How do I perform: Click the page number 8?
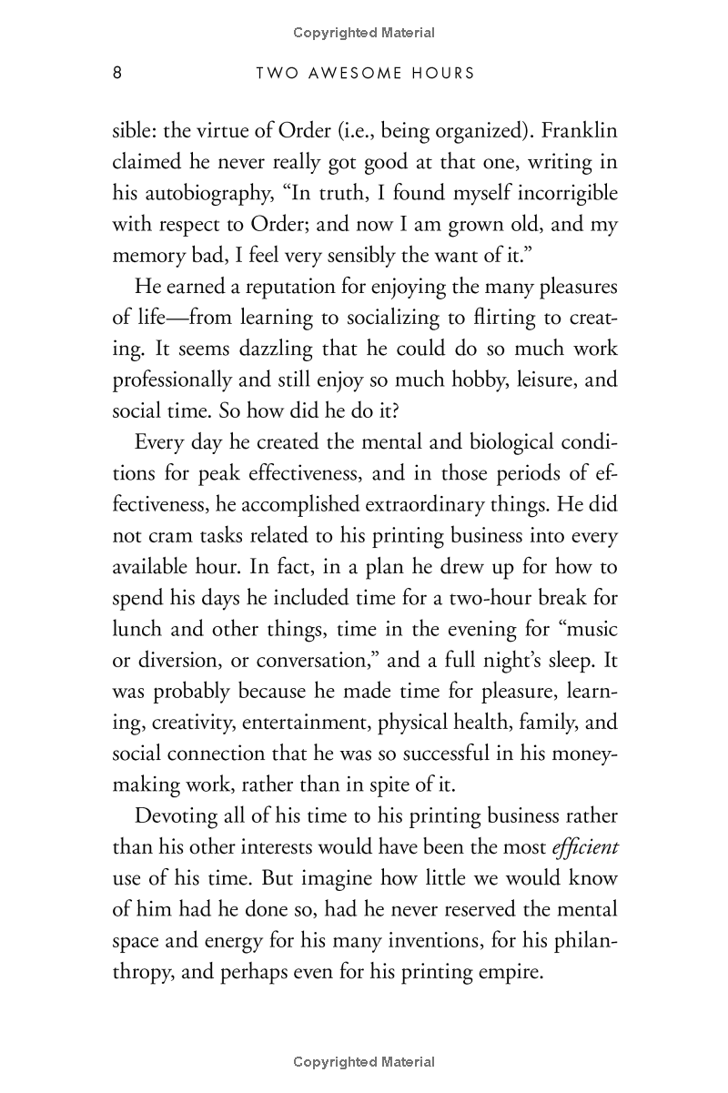[x=116, y=74]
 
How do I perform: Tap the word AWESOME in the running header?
[x=339, y=74]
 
